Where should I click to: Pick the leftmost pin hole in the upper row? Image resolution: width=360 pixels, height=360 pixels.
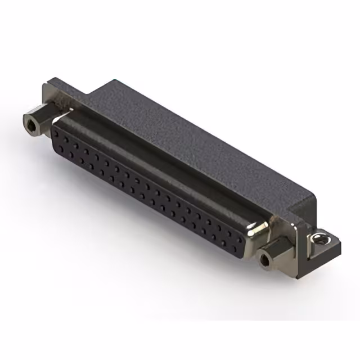pos(56,133)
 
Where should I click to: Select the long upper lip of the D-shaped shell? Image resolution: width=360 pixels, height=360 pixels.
pos(157,163)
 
